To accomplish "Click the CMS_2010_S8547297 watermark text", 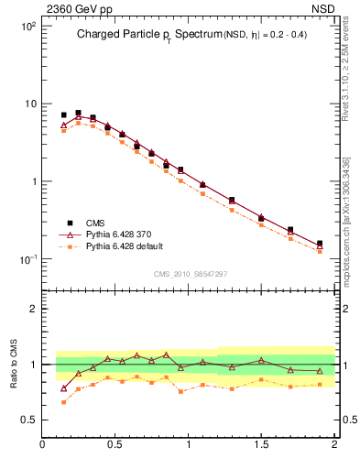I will [x=190, y=274].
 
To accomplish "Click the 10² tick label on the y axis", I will [x=27, y=26].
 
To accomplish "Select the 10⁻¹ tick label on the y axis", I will [x=27, y=259].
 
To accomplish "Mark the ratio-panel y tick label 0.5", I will [x=31, y=421].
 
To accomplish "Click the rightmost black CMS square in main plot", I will [x=320, y=244].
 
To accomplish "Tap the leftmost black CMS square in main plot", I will [x=63, y=115].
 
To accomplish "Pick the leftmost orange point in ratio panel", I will [x=63, y=402].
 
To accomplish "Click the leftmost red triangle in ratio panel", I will [x=63, y=388].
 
